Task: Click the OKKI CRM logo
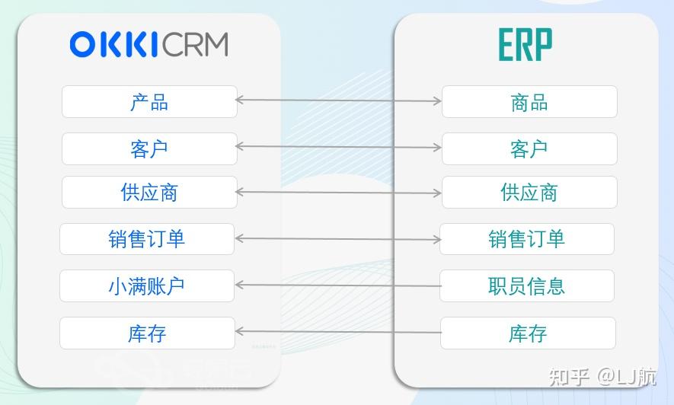[149, 44]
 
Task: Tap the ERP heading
[525, 46]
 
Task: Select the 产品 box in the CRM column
[149, 102]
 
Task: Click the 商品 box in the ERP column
[529, 102]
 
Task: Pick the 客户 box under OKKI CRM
[149, 148]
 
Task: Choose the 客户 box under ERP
[529, 148]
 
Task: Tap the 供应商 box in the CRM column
[149, 193]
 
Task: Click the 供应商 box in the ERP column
[529, 193]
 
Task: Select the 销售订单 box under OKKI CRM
[147, 239]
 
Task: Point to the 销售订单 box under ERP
[526, 239]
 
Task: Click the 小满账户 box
[147, 286]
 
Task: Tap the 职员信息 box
[526, 286]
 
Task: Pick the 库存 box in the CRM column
[147, 333]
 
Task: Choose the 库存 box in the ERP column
[528, 333]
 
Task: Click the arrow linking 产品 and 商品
[339, 100]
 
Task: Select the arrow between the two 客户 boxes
[339, 147]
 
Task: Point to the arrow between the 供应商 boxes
[339, 193]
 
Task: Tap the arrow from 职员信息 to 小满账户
[339, 285]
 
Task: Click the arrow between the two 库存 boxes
[339, 332]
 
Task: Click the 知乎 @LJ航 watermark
[602, 376]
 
